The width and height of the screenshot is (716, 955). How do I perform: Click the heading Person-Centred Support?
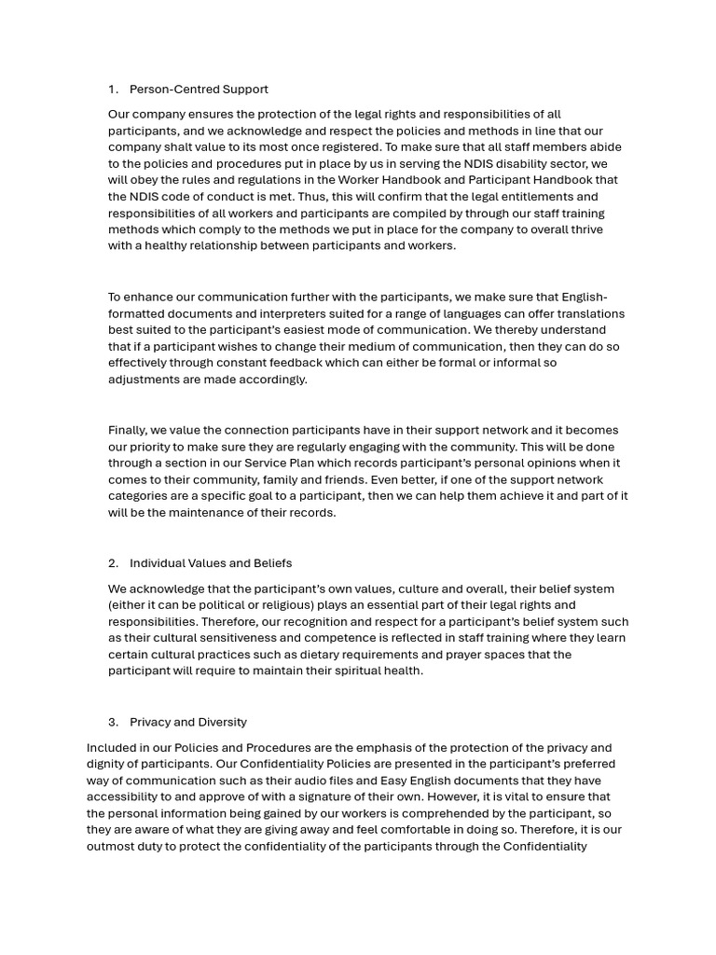(x=199, y=90)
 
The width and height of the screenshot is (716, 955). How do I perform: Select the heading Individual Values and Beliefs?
(x=211, y=563)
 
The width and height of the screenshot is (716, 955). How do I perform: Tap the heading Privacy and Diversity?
(x=188, y=722)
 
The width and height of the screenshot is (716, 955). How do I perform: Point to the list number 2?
(x=113, y=563)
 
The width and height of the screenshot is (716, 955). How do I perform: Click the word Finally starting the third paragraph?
(x=128, y=430)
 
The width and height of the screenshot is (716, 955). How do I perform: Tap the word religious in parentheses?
(x=255, y=605)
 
